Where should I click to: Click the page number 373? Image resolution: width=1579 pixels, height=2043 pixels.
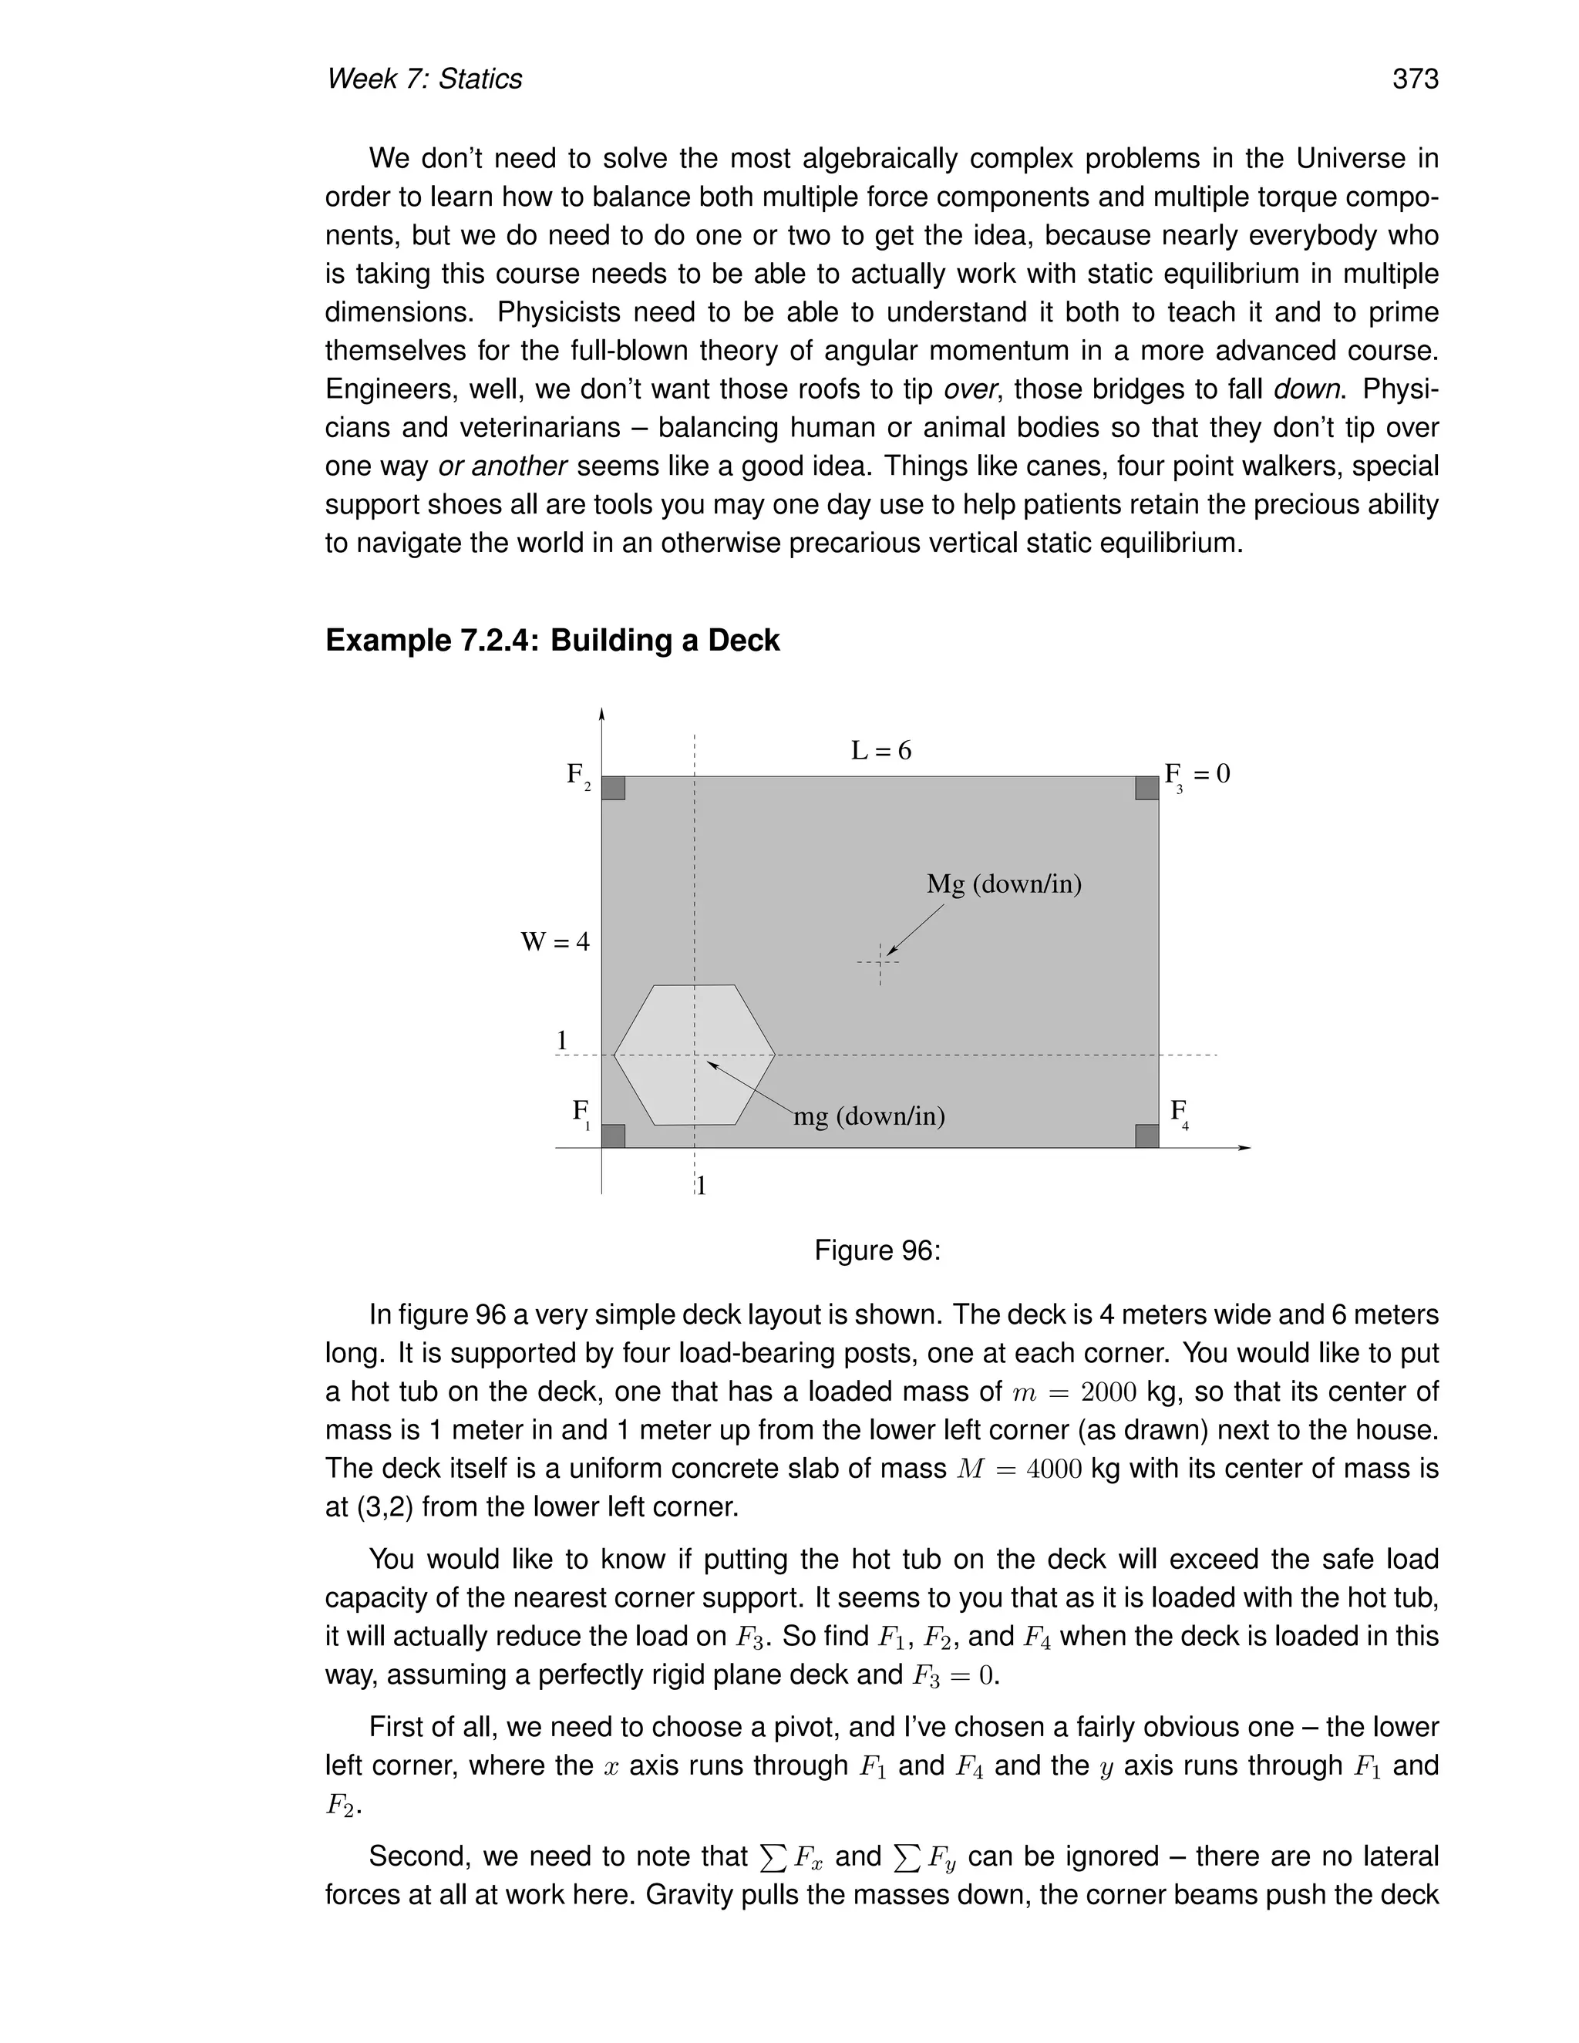coord(1414,79)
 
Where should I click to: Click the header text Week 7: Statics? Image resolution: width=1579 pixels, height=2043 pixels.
coord(424,79)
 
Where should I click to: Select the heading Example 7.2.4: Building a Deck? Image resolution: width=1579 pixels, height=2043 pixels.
coord(552,641)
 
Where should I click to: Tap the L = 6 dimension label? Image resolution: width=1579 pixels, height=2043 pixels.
coord(880,750)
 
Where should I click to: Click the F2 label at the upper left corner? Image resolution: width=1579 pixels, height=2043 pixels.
coord(577,776)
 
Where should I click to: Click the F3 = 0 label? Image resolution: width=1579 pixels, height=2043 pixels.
coord(1197,775)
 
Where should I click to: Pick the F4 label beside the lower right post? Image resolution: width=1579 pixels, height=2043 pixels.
coord(1179,1112)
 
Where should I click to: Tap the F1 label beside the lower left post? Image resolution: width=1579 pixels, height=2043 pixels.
coord(581,1112)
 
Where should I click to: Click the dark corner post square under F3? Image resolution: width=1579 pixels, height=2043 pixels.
coord(1146,789)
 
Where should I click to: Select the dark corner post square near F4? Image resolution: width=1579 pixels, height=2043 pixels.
coord(1146,1136)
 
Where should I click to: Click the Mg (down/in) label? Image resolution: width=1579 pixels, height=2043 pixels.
coord(1004,884)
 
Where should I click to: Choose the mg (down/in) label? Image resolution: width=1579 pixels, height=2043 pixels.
coord(869,1116)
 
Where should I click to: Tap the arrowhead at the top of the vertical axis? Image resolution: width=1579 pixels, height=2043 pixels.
coord(601,715)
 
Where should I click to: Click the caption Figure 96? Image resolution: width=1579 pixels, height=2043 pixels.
coord(877,1250)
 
